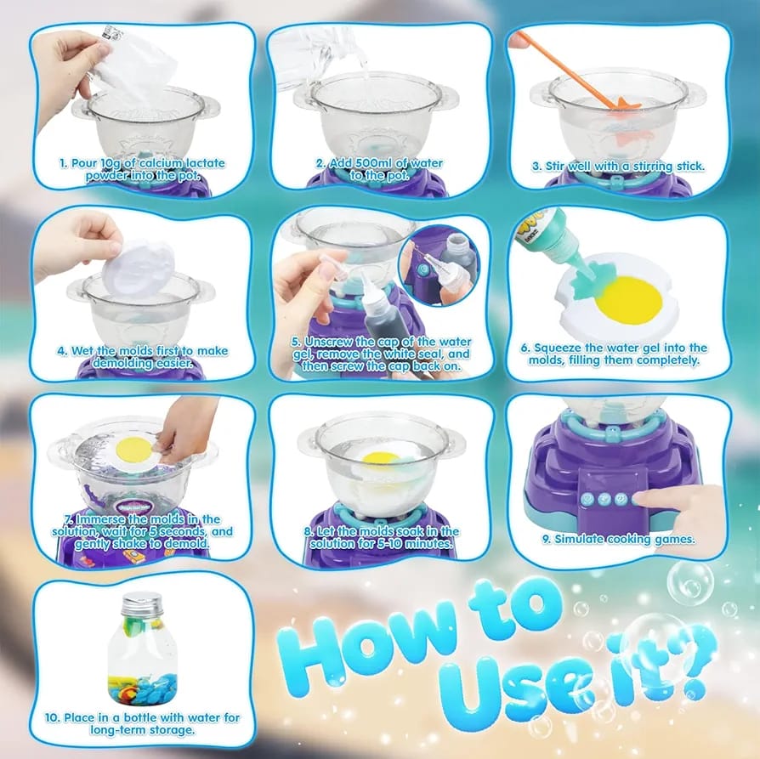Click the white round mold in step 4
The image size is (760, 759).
click(x=139, y=270)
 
